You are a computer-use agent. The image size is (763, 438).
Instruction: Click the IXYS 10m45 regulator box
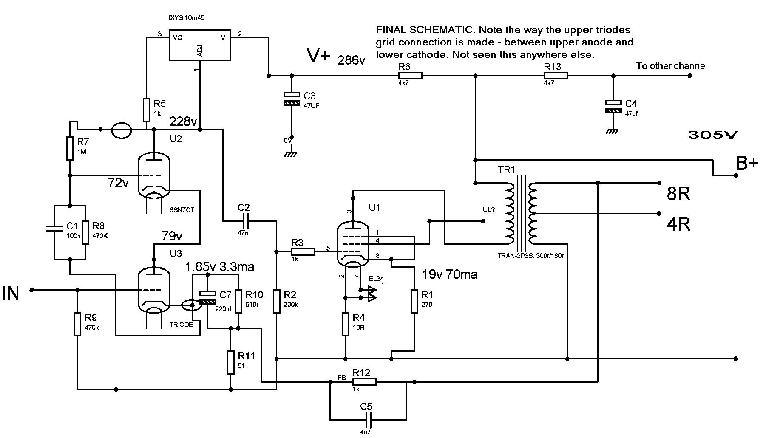tap(200, 45)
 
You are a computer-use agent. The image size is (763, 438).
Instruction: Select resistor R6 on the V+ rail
tap(410, 76)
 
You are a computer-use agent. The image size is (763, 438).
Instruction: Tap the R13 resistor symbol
tap(556, 76)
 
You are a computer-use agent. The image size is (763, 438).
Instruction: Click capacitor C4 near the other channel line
tap(613, 106)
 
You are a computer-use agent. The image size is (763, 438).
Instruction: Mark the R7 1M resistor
tap(70, 148)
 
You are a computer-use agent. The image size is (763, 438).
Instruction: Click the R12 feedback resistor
tap(364, 382)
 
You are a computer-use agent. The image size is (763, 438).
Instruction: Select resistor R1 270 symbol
tap(414, 301)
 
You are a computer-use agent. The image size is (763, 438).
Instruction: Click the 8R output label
tap(678, 194)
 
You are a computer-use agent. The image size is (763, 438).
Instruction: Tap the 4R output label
tap(678, 224)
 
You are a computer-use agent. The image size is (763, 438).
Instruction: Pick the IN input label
tap(11, 293)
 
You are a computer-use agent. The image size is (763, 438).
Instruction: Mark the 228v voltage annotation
tap(183, 122)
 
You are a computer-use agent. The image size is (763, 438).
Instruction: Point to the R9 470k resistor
tap(77, 324)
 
